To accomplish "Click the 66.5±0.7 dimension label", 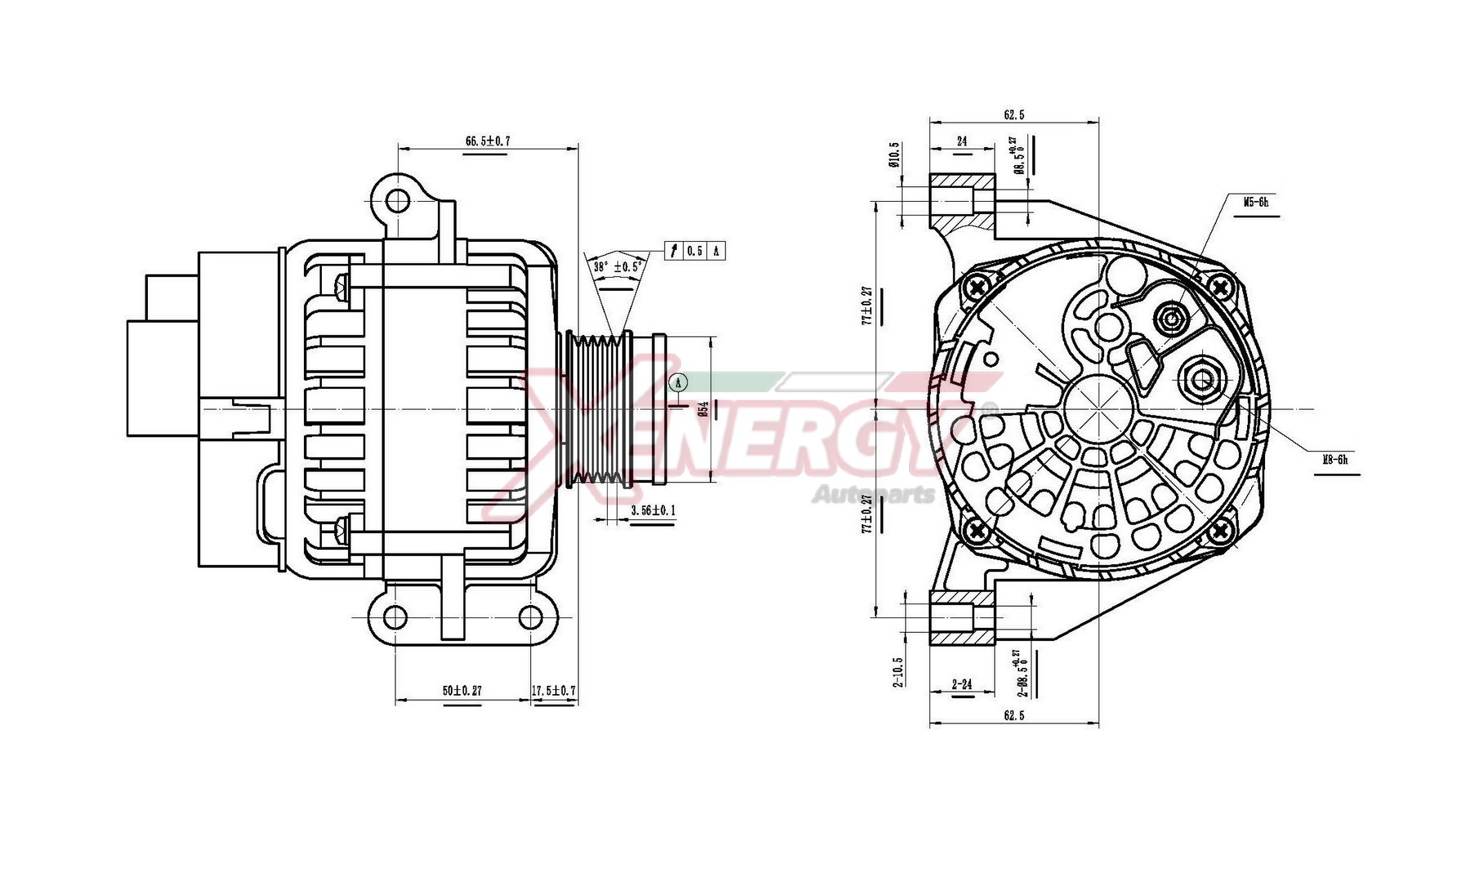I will point(488,140).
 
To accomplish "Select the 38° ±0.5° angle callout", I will point(617,267).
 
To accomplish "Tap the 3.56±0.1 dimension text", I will point(653,511).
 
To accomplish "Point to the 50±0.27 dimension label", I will point(462,691).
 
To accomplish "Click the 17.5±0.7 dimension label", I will point(554,691).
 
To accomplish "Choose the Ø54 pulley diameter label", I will point(702,408).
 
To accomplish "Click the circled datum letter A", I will point(678,382).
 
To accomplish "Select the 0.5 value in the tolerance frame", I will point(694,251).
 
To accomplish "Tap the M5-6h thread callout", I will point(1256,202).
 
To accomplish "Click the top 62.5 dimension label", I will point(1014,115).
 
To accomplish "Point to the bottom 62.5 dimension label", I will point(1014,715).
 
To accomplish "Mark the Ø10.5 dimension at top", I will point(894,154).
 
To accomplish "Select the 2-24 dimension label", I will point(962,684).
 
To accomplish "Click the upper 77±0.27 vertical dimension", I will point(867,305).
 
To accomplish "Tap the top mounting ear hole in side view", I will point(398,200).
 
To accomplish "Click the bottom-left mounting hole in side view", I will point(395,617).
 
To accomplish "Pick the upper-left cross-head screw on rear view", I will point(977,287).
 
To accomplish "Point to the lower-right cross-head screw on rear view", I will point(1220,531).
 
